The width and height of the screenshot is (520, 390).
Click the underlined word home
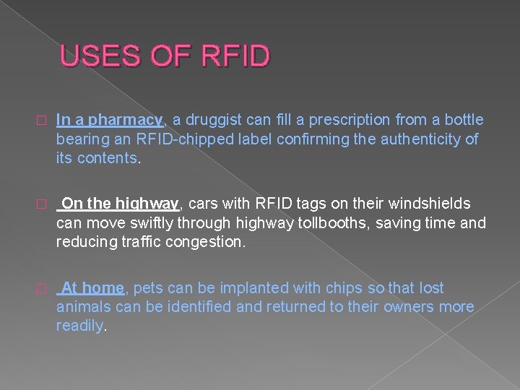[103, 288]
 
